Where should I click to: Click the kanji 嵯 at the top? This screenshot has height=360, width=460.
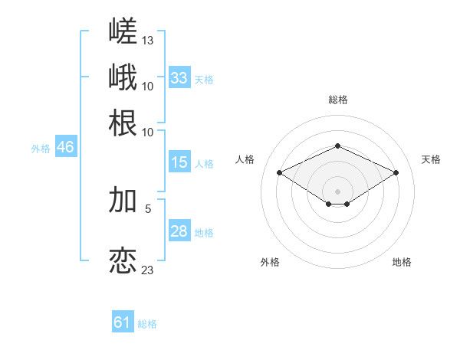[x=123, y=31]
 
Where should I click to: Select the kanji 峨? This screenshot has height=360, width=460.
[x=123, y=77]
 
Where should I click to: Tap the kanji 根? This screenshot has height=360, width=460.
[x=123, y=123]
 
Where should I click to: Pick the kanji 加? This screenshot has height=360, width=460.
[x=123, y=200]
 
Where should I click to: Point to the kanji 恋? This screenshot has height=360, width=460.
[x=123, y=260]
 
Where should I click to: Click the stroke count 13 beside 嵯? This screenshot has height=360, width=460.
[x=147, y=41]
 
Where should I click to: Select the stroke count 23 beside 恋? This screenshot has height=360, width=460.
[x=147, y=270]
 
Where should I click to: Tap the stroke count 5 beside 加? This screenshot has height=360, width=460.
[x=148, y=209]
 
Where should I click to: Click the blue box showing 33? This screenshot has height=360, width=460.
[x=179, y=77]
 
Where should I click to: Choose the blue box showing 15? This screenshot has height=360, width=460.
[x=179, y=162]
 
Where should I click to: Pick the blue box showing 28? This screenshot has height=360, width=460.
[x=179, y=230]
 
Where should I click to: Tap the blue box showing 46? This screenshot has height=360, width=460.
[x=66, y=146]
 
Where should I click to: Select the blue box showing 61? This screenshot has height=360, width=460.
[x=123, y=321]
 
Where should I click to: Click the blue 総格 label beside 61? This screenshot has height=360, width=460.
[x=147, y=324]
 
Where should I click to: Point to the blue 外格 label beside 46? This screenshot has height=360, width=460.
[x=41, y=149]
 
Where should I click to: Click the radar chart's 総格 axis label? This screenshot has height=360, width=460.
[x=338, y=100]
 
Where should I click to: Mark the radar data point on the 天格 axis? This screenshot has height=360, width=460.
[x=396, y=172]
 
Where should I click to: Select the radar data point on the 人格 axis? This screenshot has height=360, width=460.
[x=279, y=172]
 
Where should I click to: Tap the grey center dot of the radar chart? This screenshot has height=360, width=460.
[x=337, y=191]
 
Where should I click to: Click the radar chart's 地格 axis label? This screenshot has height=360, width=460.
[x=402, y=262]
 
